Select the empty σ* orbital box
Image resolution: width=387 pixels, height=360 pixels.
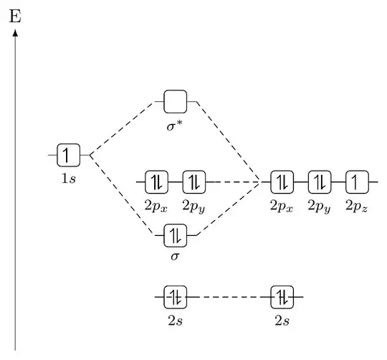(x=175, y=102)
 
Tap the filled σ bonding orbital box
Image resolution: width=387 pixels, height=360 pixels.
(x=175, y=235)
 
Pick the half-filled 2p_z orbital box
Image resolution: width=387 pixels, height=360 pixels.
(x=356, y=182)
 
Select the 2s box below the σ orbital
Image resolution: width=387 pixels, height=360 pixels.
(x=175, y=296)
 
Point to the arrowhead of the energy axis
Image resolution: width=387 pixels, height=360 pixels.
(x=15, y=32)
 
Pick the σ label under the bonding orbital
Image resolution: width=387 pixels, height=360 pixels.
(x=175, y=255)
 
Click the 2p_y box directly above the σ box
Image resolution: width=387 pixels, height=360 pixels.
(x=193, y=182)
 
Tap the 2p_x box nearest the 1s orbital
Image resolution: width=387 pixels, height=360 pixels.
(x=156, y=182)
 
